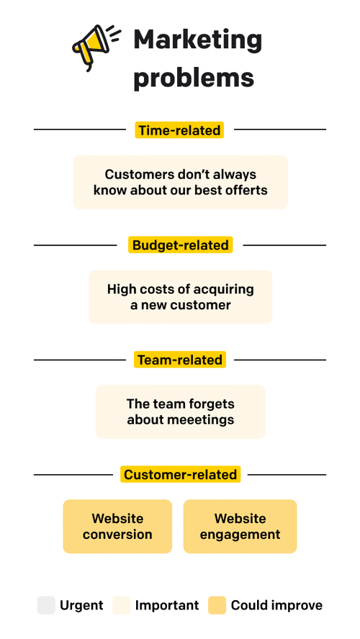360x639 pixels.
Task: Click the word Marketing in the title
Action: (x=197, y=40)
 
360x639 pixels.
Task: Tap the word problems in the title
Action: (x=193, y=77)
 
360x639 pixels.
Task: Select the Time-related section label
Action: (x=179, y=130)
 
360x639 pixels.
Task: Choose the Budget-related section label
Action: (x=180, y=245)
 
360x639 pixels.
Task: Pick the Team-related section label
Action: (x=180, y=360)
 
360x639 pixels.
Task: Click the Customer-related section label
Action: (x=180, y=475)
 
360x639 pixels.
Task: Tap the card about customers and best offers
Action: (x=180, y=183)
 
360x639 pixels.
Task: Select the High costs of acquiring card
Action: (x=180, y=297)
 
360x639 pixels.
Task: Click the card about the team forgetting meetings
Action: (x=180, y=412)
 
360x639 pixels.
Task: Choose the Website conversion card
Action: (x=117, y=527)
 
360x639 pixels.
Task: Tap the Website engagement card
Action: (x=240, y=527)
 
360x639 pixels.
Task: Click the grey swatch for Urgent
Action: (x=46, y=605)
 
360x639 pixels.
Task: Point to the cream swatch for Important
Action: (x=122, y=605)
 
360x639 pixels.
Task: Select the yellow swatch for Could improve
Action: (x=217, y=605)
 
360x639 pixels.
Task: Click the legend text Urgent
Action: (x=81, y=606)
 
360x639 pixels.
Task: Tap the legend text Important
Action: (x=167, y=606)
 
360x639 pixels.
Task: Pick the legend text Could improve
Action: (x=276, y=606)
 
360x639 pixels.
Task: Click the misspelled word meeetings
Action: (x=199, y=420)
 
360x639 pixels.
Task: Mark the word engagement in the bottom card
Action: (x=240, y=535)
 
